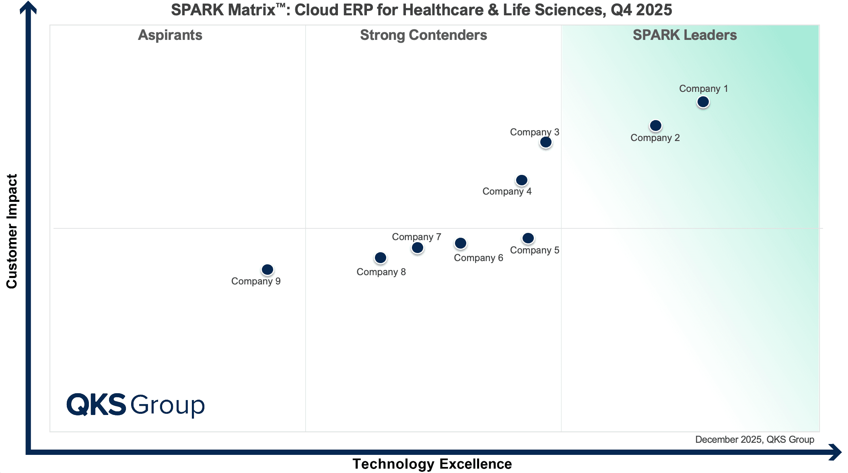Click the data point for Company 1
pos(703,102)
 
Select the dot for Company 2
pos(655,126)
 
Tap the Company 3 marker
pos(545,142)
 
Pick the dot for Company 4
pos(521,180)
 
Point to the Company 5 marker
pos(528,239)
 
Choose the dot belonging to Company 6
pos(460,243)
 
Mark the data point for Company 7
pos(417,248)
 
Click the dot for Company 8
pos(380,258)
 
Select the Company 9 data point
pos(267,270)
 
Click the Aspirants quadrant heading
pos(170,35)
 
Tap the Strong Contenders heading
pos(423,35)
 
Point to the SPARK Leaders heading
pos(685,35)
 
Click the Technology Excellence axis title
pos(432,464)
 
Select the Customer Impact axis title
pos(12,231)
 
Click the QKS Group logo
pos(136,405)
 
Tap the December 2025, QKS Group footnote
pos(755,440)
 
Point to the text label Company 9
pos(256,281)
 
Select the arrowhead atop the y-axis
pos(28,7)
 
